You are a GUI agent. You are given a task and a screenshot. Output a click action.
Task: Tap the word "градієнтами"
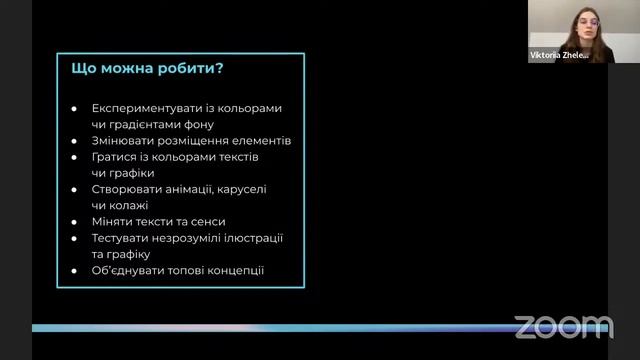(146, 124)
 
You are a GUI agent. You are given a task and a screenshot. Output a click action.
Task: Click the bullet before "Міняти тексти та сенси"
(75, 222)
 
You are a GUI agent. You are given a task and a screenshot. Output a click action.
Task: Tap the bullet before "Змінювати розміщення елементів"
(75, 141)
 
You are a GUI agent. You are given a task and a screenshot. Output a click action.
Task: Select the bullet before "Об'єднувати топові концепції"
(75, 270)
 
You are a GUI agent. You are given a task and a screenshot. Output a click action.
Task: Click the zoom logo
(563, 326)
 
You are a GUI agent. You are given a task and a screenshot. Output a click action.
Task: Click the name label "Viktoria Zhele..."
(558, 56)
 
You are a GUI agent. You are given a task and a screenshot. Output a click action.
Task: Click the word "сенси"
(206, 221)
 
